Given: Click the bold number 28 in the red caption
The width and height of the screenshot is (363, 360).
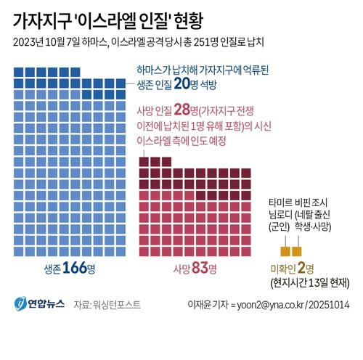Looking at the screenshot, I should click(188, 110).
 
